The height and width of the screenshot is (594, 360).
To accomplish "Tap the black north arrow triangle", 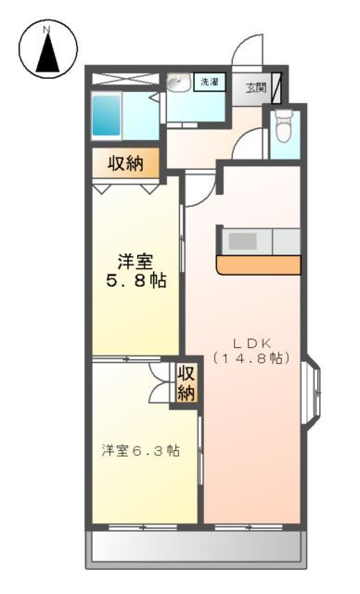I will pyautogui.click(x=47, y=57).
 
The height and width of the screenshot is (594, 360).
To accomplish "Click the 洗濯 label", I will pyautogui.click(x=210, y=84).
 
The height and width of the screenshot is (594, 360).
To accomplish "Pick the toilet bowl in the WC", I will pyautogui.click(x=285, y=126).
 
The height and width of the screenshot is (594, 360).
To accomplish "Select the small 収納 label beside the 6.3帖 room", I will pyautogui.click(x=186, y=382).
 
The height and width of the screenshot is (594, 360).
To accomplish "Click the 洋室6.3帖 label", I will pyautogui.click(x=141, y=451).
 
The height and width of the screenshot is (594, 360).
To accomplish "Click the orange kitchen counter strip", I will pyautogui.click(x=259, y=265).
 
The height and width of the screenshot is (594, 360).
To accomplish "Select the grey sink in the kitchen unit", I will pyautogui.click(x=243, y=240).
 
